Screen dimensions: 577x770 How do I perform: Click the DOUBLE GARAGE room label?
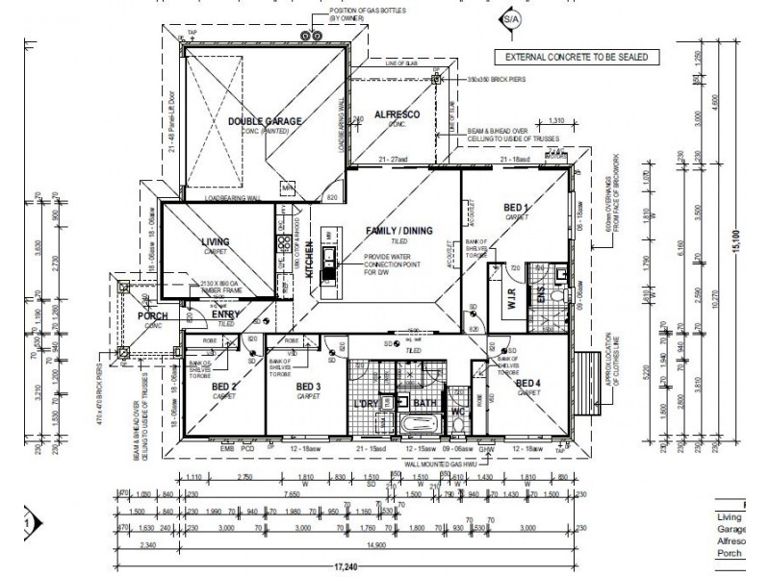point(265,121)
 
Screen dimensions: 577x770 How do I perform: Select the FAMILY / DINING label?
point(398,231)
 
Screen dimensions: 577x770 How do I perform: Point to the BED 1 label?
point(516,208)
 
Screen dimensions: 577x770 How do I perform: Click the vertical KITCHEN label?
point(309,260)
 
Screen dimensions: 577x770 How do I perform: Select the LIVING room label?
point(216,242)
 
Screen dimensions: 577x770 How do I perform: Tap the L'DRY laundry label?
point(367,404)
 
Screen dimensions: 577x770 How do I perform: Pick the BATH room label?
point(424,404)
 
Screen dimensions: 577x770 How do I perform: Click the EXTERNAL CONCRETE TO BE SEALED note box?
point(577,58)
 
